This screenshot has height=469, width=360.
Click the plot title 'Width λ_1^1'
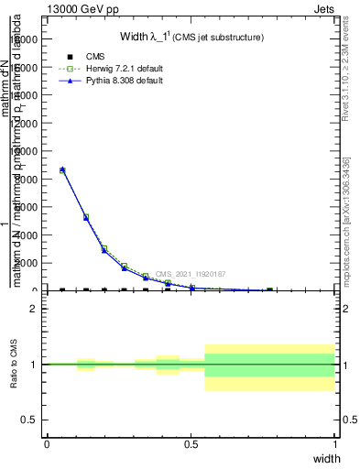191,38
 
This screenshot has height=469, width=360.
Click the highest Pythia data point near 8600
62,169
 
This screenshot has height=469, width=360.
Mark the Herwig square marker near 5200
86,217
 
